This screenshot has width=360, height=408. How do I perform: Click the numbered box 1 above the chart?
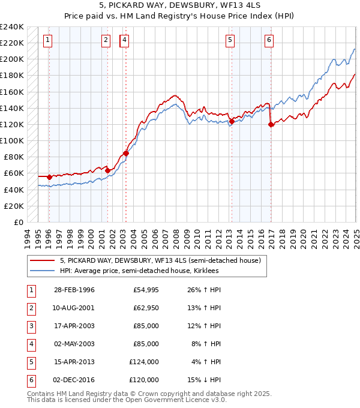[x=47, y=41]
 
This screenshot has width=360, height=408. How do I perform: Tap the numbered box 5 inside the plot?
[x=230, y=41]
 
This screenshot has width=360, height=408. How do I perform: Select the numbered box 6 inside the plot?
[x=269, y=41]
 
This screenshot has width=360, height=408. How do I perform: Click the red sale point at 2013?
[x=232, y=121]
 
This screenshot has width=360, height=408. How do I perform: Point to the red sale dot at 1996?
[x=49, y=177]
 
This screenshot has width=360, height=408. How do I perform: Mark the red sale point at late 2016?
[x=271, y=124]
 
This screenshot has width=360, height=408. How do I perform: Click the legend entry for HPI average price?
[x=139, y=271]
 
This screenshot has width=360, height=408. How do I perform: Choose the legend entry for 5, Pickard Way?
[x=160, y=261]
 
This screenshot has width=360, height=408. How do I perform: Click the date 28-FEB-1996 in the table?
[x=74, y=290]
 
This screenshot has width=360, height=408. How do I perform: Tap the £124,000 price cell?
[x=144, y=362]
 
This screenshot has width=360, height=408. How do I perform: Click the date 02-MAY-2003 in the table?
[x=74, y=344]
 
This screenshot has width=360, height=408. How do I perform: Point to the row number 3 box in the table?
[x=30, y=326]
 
